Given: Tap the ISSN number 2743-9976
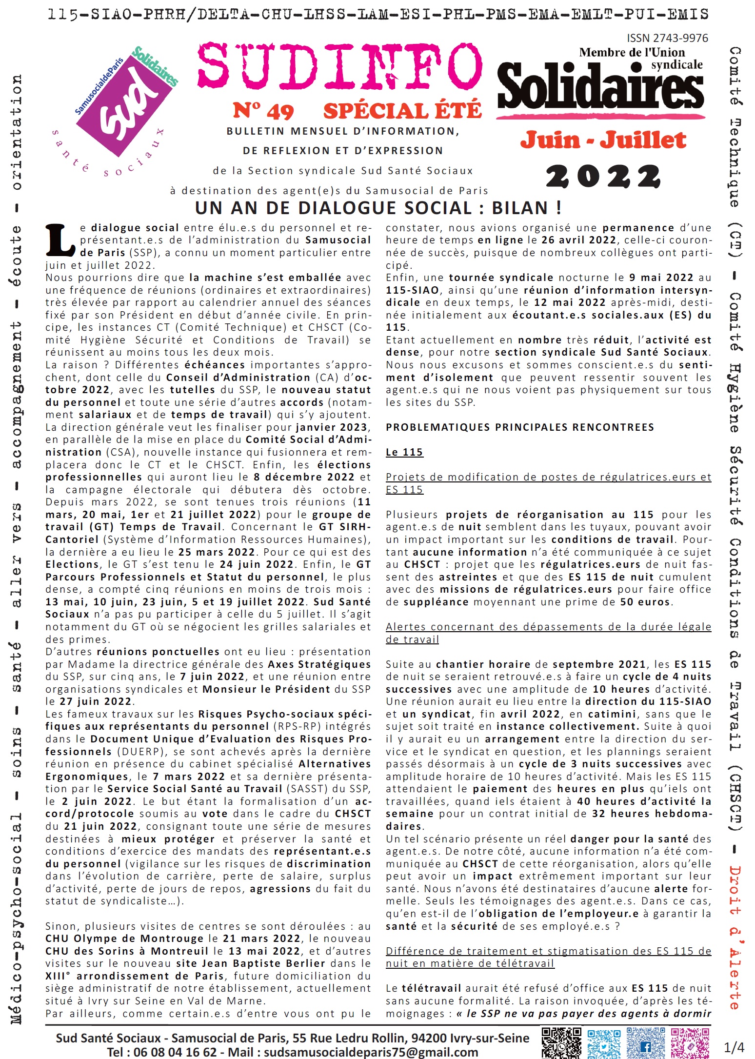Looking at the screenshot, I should [x=667, y=38].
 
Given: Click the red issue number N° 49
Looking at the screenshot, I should [x=263, y=111].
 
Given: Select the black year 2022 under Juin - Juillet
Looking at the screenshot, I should [x=603, y=176].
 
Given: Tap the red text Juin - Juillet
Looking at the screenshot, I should [x=603, y=140].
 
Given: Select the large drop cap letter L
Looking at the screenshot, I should [x=60, y=240].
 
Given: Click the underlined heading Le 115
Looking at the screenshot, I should [x=404, y=452].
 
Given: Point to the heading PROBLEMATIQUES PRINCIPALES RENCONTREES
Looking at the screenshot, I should [x=519, y=427].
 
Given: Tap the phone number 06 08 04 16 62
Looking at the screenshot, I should [x=175, y=1052].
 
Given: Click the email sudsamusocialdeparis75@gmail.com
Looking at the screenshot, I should [x=371, y=1052].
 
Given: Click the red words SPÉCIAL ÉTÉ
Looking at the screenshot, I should [x=402, y=111].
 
